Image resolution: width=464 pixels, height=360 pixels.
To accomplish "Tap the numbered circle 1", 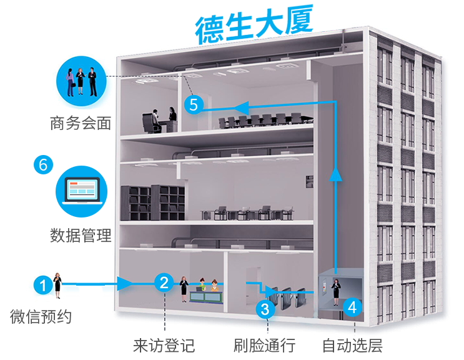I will [x=42, y=286].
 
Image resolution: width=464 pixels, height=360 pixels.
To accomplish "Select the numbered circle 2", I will [x=164, y=283].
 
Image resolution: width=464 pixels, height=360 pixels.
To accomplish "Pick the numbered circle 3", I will [x=265, y=307].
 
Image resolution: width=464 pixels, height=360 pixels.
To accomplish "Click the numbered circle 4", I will [x=352, y=307].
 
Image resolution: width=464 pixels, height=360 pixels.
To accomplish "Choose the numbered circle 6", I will [x=42, y=165].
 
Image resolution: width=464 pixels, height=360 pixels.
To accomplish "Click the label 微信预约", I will [x=41, y=317].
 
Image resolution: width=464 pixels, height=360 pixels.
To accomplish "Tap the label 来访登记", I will [x=164, y=345].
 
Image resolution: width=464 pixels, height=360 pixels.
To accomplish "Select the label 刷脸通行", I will [x=264, y=345].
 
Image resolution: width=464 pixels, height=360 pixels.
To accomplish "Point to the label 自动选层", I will [x=352, y=345].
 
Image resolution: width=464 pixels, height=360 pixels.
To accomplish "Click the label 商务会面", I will [x=80, y=123].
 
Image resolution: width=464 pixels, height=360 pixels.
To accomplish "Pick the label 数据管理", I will [x=80, y=236].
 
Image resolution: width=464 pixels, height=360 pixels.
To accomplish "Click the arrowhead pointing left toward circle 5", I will [x=242, y=106].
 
